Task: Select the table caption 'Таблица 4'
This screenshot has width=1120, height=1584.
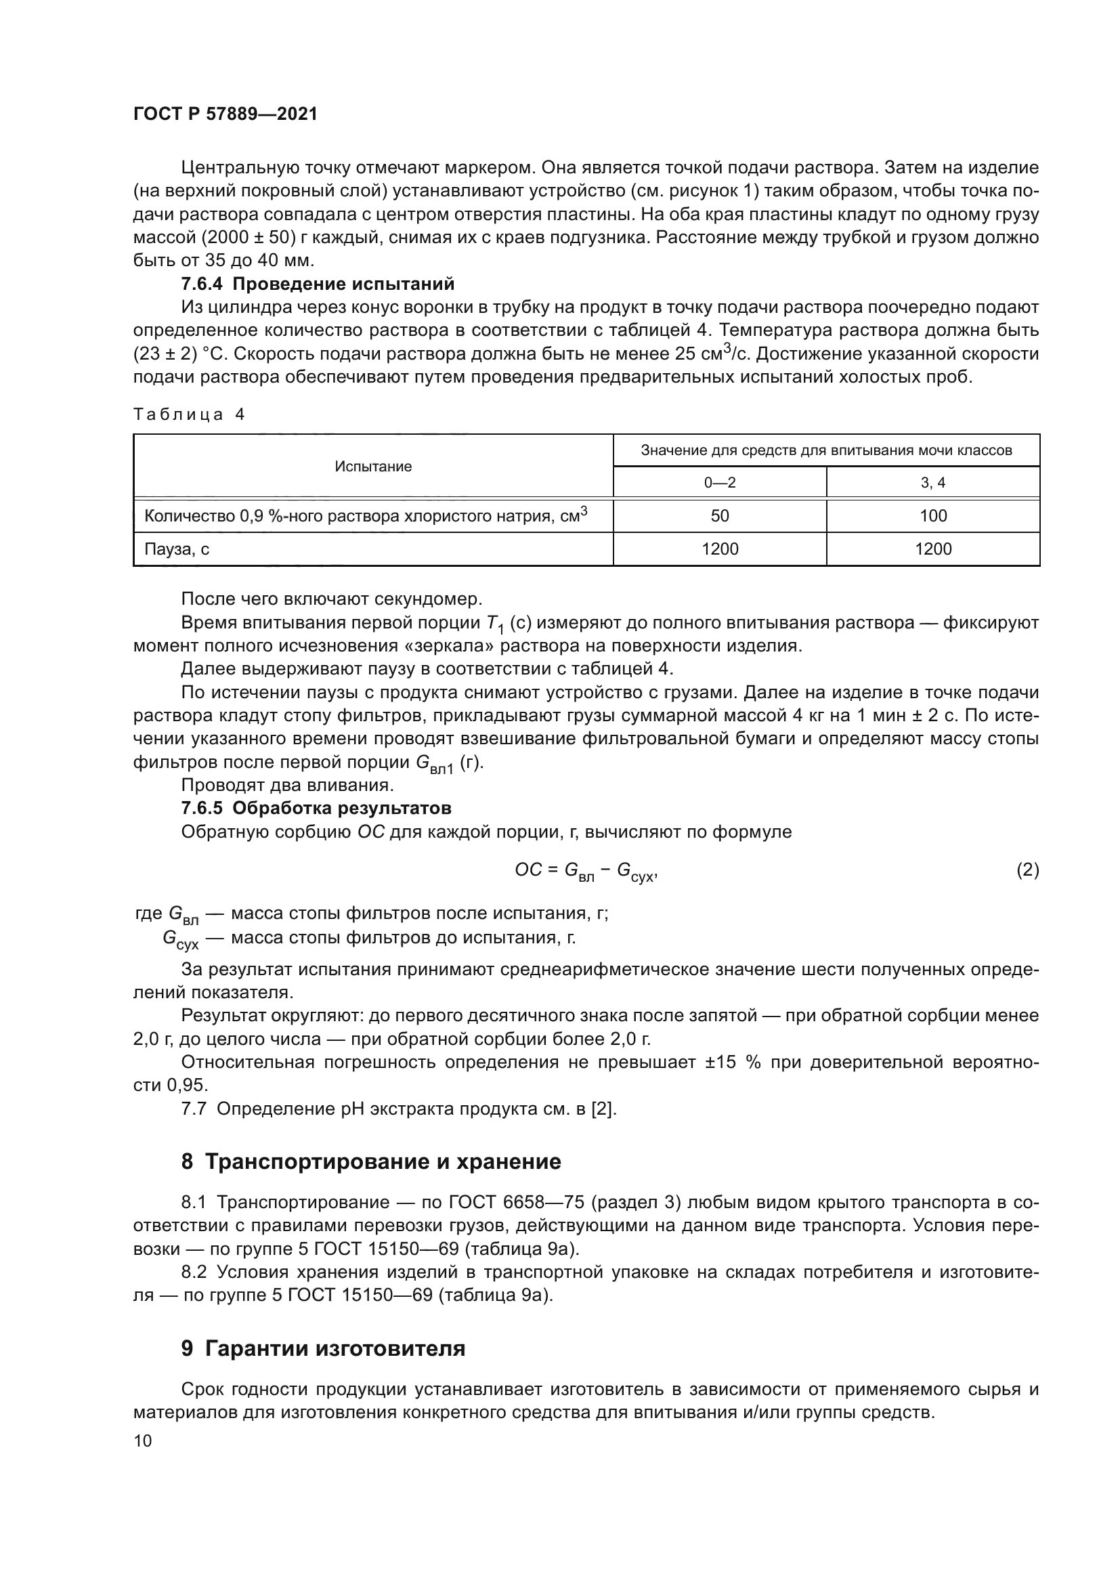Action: [189, 414]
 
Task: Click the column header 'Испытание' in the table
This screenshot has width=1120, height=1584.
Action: [373, 467]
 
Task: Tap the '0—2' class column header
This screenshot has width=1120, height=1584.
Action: [719, 483]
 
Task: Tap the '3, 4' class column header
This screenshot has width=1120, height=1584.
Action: [932, 483]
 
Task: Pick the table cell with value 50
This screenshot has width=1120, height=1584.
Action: [719, 516]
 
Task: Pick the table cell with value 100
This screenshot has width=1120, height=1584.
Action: [932, 516]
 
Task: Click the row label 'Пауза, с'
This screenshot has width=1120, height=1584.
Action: [177, 549]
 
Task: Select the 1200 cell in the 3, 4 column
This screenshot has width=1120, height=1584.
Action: [932, 549]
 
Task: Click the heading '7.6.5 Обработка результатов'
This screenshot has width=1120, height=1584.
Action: [316, 808]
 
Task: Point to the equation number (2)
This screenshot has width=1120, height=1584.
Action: [1027, 870]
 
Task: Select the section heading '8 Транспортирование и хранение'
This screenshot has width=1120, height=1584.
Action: [371, 1162]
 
